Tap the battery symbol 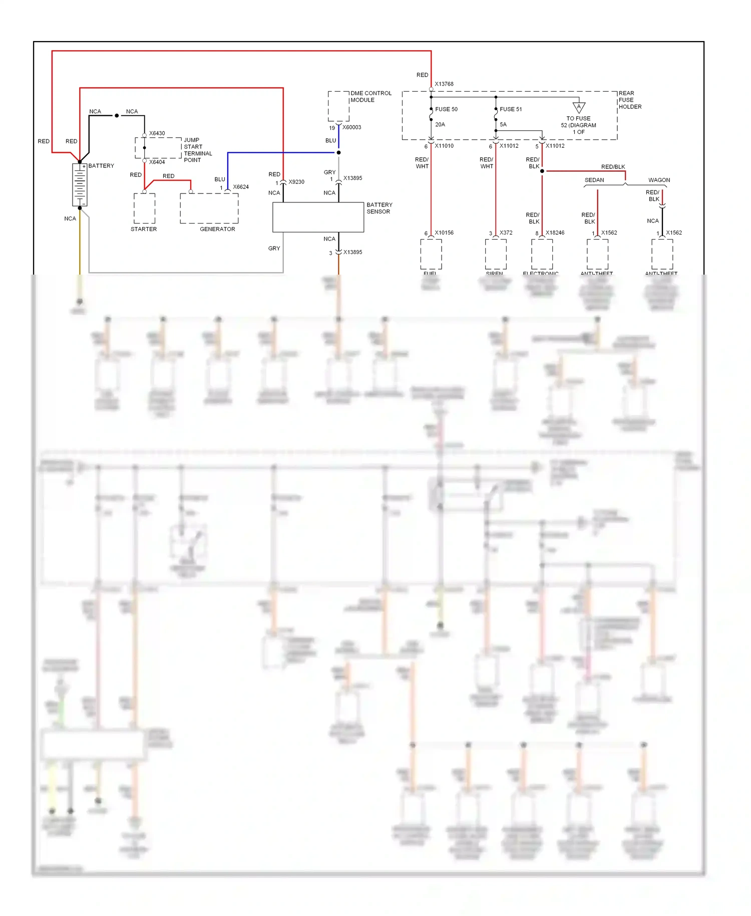[x=80, y=184]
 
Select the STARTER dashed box [x=144, y=208]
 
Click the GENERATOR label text [x=217, y=229]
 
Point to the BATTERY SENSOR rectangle [x=318, y=217]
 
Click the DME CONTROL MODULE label [x=370, y=97]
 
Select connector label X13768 [x=444, y=84]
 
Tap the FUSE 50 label [x=446, y=109]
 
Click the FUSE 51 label [x=510, y=109]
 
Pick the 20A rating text [x=440, y=124]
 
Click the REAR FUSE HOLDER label [x=629, y=100]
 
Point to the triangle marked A [x=579, y=107]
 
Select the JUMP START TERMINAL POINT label [x=197, y=150]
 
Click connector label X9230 [x=296, y=182]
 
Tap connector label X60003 [x=351, y=127]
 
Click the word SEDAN [x=594, y=180]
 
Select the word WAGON [x=659, y=180]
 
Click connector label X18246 [x=555, y=233]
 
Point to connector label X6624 [x=241, y=187]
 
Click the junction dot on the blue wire [x=338, y=152]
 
